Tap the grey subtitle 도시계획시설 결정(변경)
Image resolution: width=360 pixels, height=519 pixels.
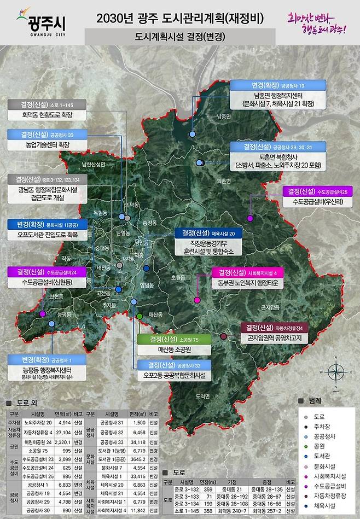click(x=180, y=38)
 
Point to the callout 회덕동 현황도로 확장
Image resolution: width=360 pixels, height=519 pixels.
click(x=47, y=110)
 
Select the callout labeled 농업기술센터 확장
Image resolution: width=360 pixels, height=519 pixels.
click(x=47, y=140)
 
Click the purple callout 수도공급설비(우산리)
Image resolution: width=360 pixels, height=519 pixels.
click(x=317, y=197)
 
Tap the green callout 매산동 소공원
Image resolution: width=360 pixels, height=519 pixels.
click(x=173, y=344)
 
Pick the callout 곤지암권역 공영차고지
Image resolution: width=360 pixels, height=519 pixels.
click(x=278, y=334)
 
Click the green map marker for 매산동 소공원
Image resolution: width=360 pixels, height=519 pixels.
click(x=140, y=316)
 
